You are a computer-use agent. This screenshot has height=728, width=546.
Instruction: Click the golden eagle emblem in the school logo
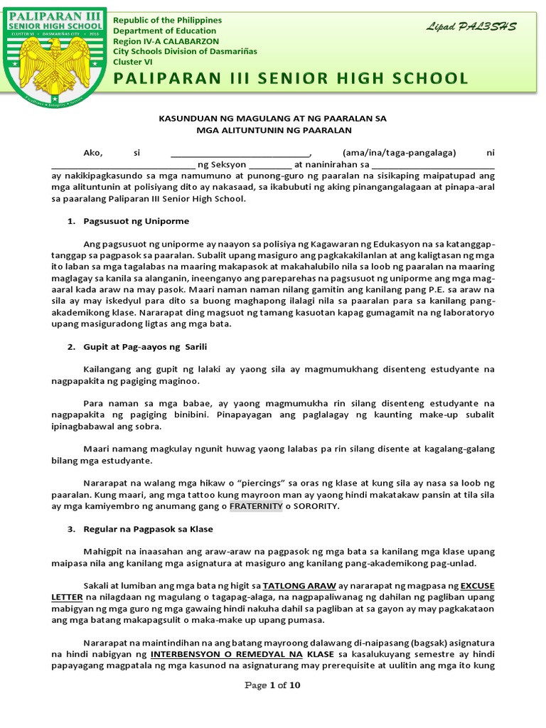[x=55, y=68]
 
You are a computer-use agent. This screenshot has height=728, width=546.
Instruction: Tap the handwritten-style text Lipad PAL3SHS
[x=471, y=26]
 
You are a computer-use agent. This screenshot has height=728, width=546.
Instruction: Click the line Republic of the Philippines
[x=168, y=21]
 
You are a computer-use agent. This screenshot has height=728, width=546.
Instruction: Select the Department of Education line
[x=165, y=31]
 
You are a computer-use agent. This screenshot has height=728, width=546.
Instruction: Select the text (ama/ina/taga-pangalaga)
[x=400, y=153]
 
